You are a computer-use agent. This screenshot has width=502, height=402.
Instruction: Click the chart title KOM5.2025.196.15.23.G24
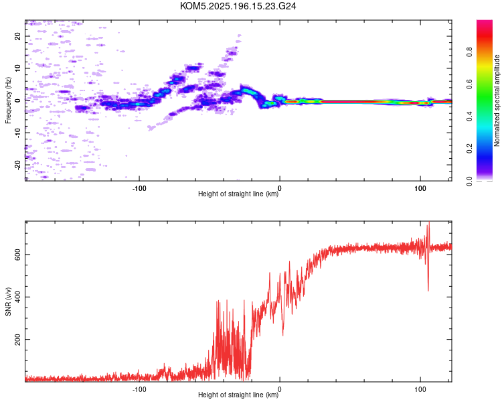(238, 6)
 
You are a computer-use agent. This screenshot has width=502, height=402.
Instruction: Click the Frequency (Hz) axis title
(8, 100)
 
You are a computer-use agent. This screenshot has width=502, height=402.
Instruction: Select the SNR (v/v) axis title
(8, 301)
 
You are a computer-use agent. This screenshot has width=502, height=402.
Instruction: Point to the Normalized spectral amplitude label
(497, 100)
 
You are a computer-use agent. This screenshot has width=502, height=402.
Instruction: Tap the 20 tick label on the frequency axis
(17, 36)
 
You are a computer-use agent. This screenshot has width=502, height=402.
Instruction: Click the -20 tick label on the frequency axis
(17, 165)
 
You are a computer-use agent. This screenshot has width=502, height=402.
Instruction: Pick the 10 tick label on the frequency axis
(17, 68)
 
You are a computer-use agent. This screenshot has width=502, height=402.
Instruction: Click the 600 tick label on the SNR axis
(17, 254)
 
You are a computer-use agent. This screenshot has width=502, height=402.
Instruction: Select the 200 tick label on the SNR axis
(17, 339)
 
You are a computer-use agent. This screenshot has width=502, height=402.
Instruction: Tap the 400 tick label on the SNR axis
(17, 297)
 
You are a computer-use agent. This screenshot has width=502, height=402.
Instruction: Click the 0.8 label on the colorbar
(469, 52)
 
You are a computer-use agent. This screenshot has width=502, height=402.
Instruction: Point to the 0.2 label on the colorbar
(469, 149)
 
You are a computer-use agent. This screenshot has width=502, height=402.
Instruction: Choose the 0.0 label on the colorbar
(469, 181)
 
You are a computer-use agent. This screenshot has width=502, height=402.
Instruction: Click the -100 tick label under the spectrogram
(139, 188)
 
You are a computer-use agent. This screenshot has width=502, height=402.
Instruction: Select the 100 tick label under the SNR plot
(420, 389)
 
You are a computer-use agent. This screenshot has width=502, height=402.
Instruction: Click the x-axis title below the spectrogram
(238, 194)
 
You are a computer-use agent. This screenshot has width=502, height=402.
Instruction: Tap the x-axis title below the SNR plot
(238, 395)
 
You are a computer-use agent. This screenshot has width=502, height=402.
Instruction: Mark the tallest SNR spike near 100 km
(429, 222)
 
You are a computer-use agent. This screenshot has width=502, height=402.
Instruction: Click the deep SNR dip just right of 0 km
(283, 335)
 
